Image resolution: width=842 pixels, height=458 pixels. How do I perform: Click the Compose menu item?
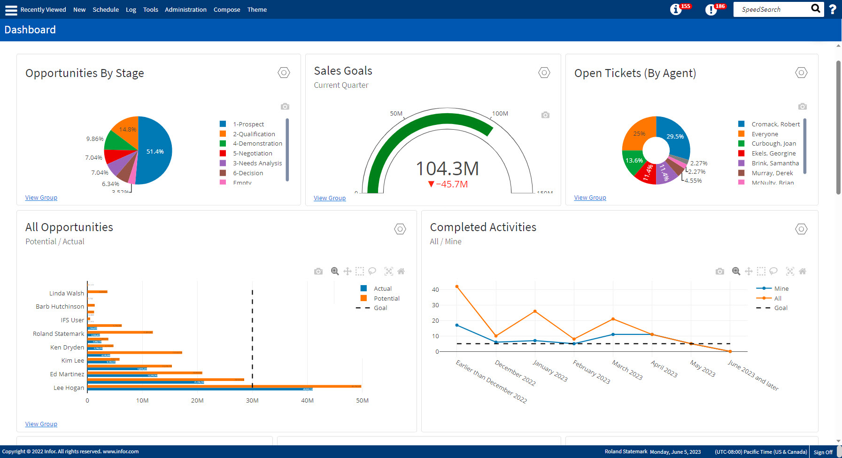point(226,9)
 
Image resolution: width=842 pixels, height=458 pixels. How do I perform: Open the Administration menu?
point(185,9)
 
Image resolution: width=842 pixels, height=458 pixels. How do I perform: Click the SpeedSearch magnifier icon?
point(816,8)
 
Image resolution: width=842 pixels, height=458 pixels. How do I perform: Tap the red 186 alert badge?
point(719,6)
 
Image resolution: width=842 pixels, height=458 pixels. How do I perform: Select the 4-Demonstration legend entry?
point(257,144)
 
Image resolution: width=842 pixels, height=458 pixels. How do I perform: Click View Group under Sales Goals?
point(329,198)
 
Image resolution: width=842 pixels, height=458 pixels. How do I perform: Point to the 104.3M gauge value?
point(447,169)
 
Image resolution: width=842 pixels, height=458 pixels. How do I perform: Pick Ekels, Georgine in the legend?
point(773,154)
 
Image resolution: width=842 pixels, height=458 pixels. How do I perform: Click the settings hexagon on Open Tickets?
point(801,73)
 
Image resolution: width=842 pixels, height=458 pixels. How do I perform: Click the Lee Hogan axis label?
point(69,388)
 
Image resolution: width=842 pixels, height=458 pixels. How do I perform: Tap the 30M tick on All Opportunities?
point(252,401)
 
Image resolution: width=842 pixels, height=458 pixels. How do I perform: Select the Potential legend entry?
point(386,298)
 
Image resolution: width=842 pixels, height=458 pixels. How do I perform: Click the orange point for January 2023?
point(535,311)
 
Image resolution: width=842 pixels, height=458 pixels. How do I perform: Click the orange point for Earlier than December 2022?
point(457,287)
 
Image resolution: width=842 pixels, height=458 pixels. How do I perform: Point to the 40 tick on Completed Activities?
point(435,290)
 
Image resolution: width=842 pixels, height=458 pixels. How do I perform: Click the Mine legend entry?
point(781,288)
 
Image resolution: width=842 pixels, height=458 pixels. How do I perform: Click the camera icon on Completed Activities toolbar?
point(719,272)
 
